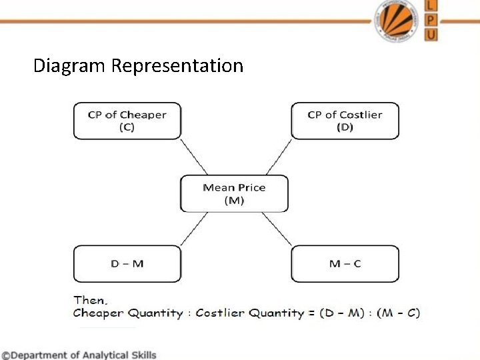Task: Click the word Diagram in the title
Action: tap(70, 66)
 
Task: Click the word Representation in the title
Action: tap(177, 67)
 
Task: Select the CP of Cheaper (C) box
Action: tap(127, 121)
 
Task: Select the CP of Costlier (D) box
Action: tap(345, 121)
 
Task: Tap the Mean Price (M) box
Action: tap(234, 193)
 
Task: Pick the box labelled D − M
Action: tap(127, 263)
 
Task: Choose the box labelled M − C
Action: tap(345, 263)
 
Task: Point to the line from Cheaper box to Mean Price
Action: tap(194, 157)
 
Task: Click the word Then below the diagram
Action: tap(90, 301)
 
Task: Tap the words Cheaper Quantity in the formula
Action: tap(127, 313)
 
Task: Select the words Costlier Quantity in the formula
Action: tap(245, 313)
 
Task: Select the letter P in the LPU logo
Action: tap(431, 20)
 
